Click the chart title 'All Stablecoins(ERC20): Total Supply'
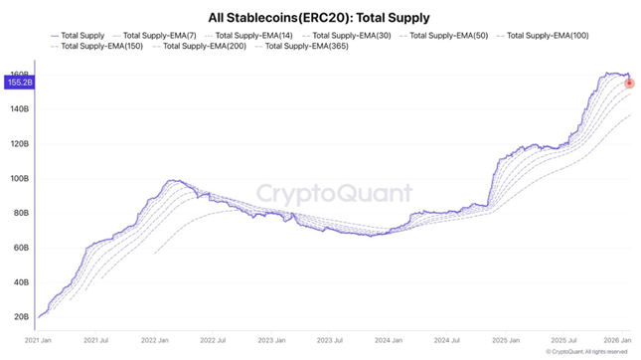(x=320, y=17)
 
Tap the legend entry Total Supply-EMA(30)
(x=345, y=36)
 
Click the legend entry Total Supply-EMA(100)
(x=541, y=36)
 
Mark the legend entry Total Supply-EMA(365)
(x=299, y=47)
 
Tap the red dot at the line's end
(x=629, y=83)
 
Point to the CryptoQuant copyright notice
(x=586, y=351)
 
